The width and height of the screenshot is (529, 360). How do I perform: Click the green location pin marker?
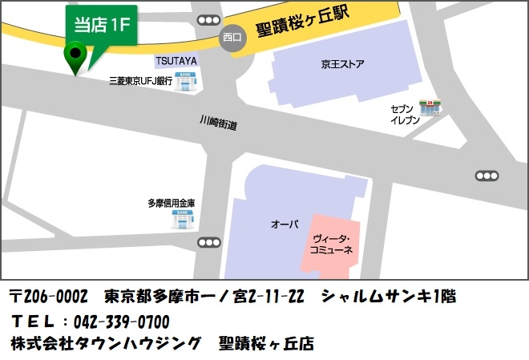tap(76, 57)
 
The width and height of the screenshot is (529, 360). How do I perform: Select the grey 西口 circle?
tap(232, 37)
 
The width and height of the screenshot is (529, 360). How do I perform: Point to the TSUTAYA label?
tap(176, 61)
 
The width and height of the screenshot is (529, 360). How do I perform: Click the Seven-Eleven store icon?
tap(434, 107)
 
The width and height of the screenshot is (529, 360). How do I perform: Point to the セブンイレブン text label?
tap(405, 114)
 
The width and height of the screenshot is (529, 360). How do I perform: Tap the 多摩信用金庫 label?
tap(172, 203)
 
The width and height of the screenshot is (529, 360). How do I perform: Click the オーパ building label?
tap(285, 224)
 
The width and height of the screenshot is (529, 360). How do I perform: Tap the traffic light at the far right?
tap(487, 176)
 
